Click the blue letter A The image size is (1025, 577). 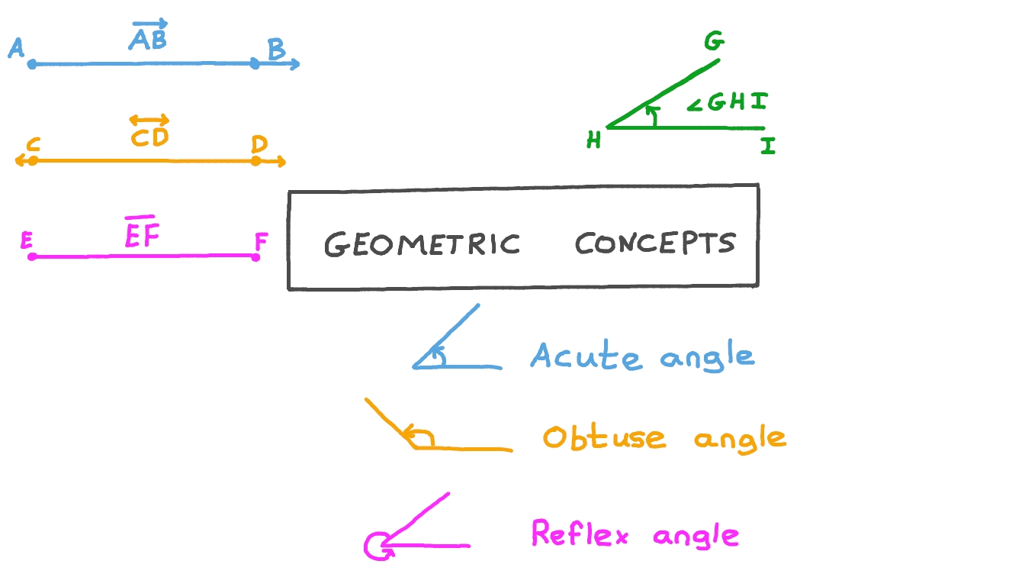17,49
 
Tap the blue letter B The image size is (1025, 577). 276,50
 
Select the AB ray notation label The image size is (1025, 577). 149,36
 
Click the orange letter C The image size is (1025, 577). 33,145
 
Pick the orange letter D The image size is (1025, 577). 259,143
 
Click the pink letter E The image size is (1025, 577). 27,241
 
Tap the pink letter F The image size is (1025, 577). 261,243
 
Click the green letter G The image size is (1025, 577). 713,43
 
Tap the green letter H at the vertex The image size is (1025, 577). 593,140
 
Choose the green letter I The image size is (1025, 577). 768,146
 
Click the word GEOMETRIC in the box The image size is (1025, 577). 422,244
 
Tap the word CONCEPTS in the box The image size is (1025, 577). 655,243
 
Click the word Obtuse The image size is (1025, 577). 603,437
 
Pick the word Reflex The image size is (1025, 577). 580,533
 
